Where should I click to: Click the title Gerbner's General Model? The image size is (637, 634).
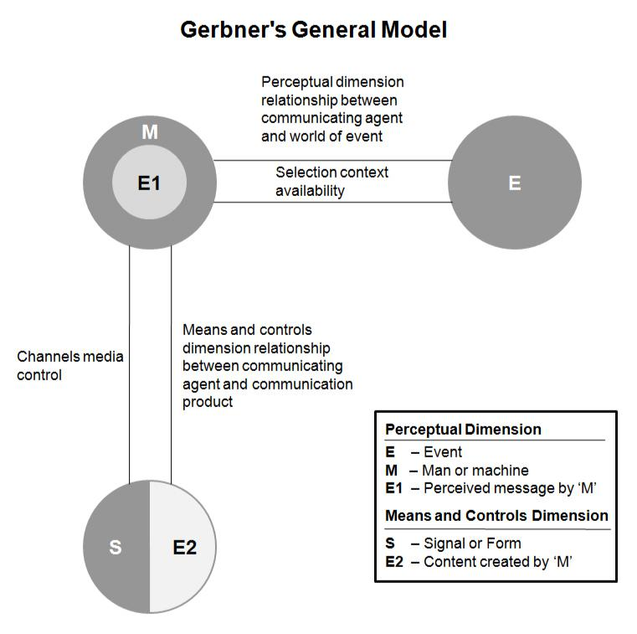(314, 30)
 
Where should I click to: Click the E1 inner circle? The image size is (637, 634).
(149, 183)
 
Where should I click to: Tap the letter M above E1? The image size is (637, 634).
(150, 132)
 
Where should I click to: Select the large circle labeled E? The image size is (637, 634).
(515, 183)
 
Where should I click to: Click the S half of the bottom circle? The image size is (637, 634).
(116, 547)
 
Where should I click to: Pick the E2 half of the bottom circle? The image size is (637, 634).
(184, 547)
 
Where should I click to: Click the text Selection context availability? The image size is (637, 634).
(332, 182)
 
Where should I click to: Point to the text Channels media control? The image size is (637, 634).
(70, 366)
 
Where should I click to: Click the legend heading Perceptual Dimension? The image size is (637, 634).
(463, 430)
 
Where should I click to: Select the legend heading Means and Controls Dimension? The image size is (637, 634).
(496, 515)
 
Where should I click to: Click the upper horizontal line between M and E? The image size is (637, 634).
(335, 160)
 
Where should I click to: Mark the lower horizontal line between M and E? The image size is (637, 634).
(335, 203)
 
